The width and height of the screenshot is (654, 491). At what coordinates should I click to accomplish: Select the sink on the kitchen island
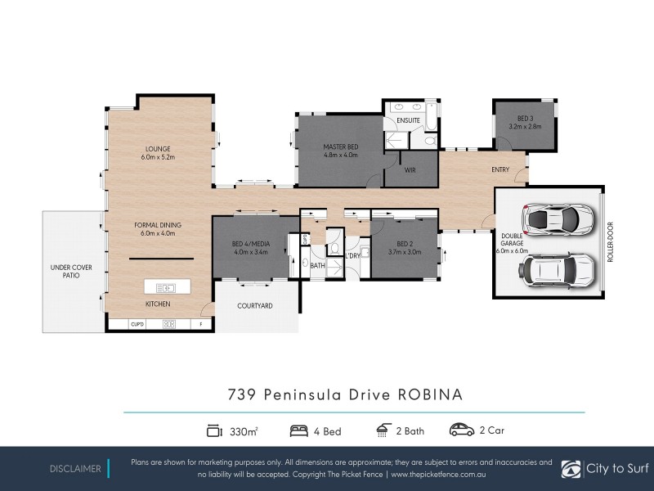point(167,287)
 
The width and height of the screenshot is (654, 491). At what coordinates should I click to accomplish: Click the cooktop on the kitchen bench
point(170,324)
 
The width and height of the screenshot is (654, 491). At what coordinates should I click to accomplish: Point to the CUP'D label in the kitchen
point(137,324)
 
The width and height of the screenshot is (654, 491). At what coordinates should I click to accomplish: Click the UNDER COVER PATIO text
point(72,272)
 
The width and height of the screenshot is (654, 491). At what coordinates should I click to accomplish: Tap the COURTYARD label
point(254,306)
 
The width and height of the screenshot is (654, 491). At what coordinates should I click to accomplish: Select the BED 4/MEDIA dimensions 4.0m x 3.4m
point(251,252)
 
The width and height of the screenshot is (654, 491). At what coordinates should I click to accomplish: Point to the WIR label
point(411,172)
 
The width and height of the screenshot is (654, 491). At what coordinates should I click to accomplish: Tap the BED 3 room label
point(525,119)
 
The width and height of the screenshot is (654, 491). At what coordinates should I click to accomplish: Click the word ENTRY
point(499,170)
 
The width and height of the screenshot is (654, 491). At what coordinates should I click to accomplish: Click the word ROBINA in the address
point(430,394)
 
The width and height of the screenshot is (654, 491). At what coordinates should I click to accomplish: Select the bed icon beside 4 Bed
point(298,430)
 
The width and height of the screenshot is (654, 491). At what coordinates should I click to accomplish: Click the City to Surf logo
point(607,469)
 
